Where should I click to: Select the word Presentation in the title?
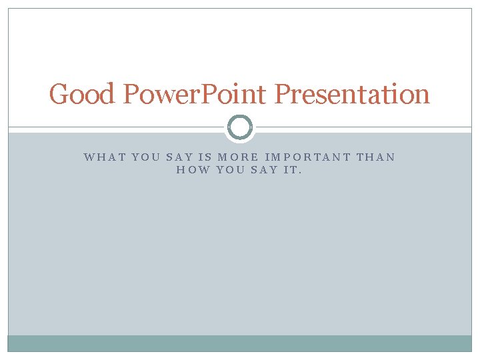tap(352, 94)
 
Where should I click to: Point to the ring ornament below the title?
tap(240, 127)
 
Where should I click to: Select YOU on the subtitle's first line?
tap(146, 157)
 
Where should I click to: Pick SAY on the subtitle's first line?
tap(179, 157)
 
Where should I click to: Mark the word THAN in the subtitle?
tap(376, 157)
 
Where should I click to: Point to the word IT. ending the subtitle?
tap(293, 170)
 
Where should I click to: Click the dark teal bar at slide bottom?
tap(240, 343)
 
